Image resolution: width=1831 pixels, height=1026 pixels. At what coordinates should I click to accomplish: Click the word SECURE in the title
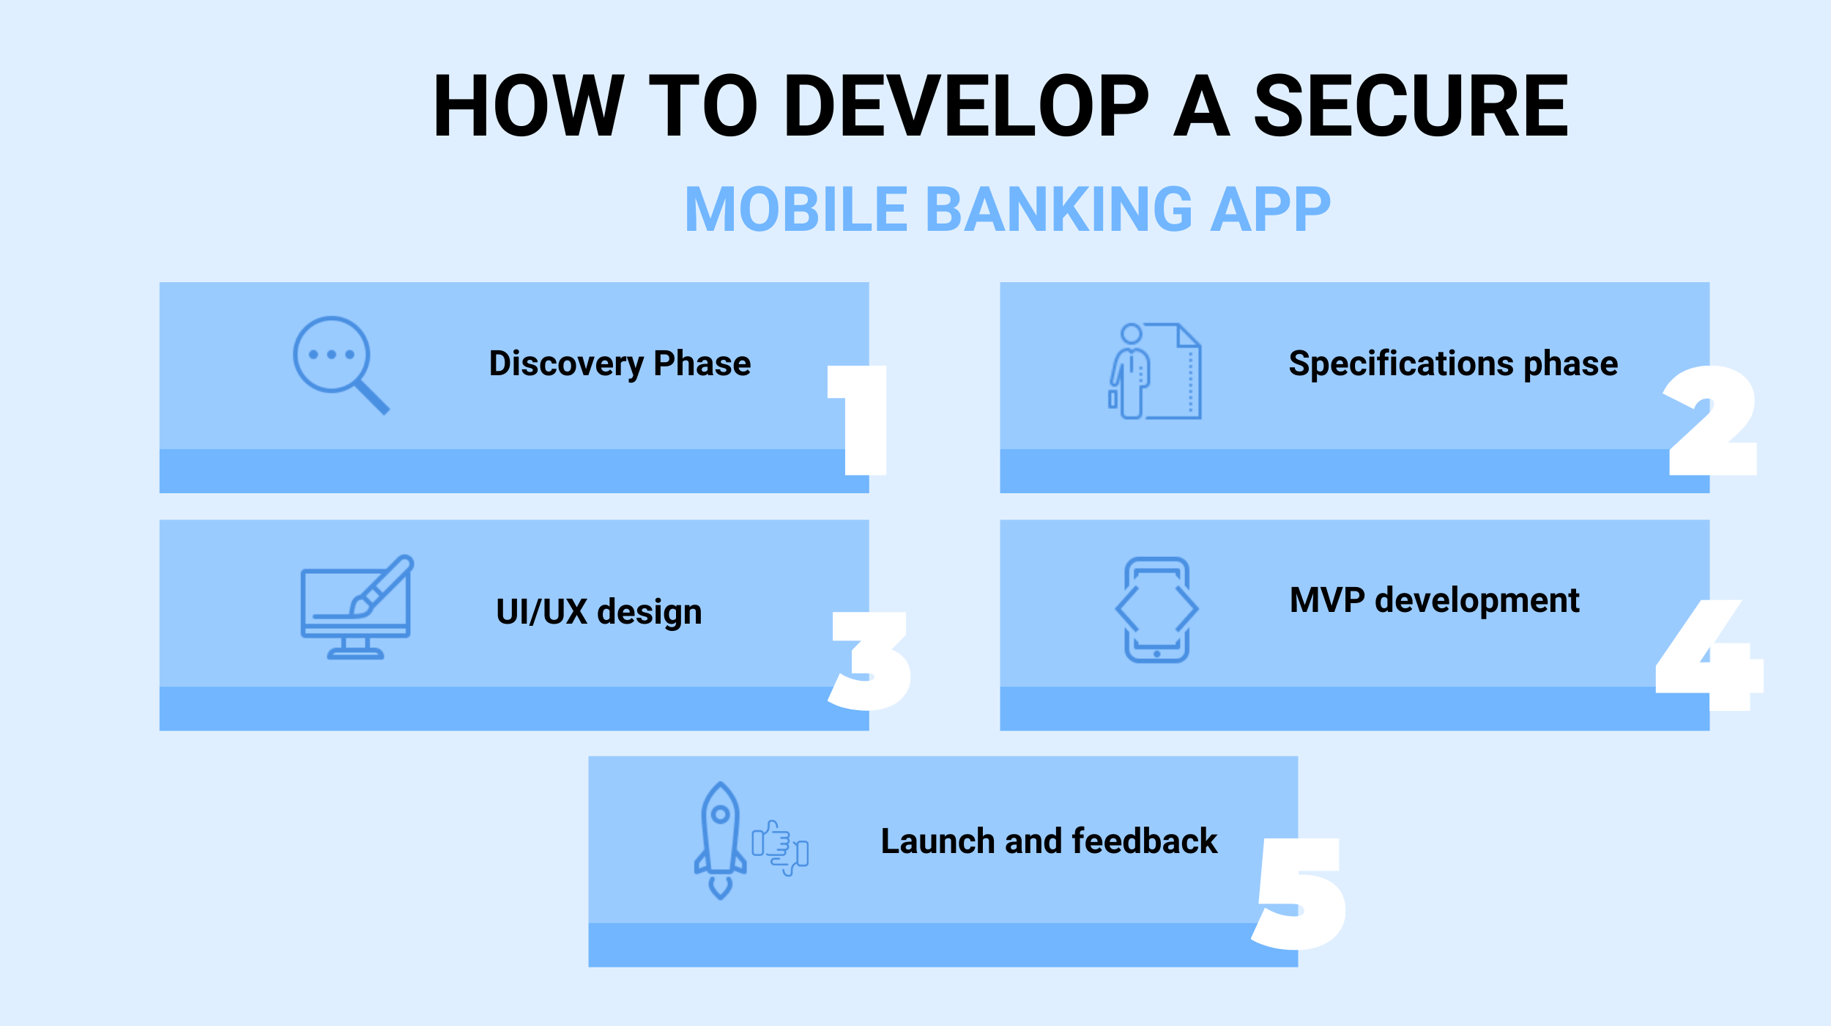[x=1411, y=106]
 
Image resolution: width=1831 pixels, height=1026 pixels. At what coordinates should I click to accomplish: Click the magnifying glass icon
[x=341, y=366]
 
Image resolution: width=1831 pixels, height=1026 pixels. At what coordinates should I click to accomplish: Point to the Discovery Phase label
[x=620, y=364]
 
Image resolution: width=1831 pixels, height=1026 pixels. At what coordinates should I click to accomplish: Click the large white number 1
[x=857, y=420]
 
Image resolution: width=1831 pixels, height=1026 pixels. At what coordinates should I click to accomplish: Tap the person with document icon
[x=1155, y=372]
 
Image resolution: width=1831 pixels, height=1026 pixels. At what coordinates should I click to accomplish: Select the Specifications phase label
[x=1453, y=364]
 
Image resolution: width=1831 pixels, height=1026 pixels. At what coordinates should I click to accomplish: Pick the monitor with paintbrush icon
[x=357, y=608]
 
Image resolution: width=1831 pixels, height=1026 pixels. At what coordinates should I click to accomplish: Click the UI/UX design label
[x=598, y=612]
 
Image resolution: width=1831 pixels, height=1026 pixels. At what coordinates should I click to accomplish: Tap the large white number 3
[x=869, y=661]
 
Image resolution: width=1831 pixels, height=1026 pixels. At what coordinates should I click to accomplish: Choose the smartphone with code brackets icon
[x=1156, y=610]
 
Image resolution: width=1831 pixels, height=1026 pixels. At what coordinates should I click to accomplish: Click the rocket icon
[x=720, y=841]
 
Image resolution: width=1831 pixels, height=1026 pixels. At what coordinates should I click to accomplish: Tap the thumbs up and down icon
[x=780, y=848]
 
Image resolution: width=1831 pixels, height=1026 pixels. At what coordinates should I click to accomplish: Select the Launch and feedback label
[x=1049, y=841]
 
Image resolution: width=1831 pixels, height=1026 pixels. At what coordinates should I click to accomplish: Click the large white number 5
[x=1299, y=894]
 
